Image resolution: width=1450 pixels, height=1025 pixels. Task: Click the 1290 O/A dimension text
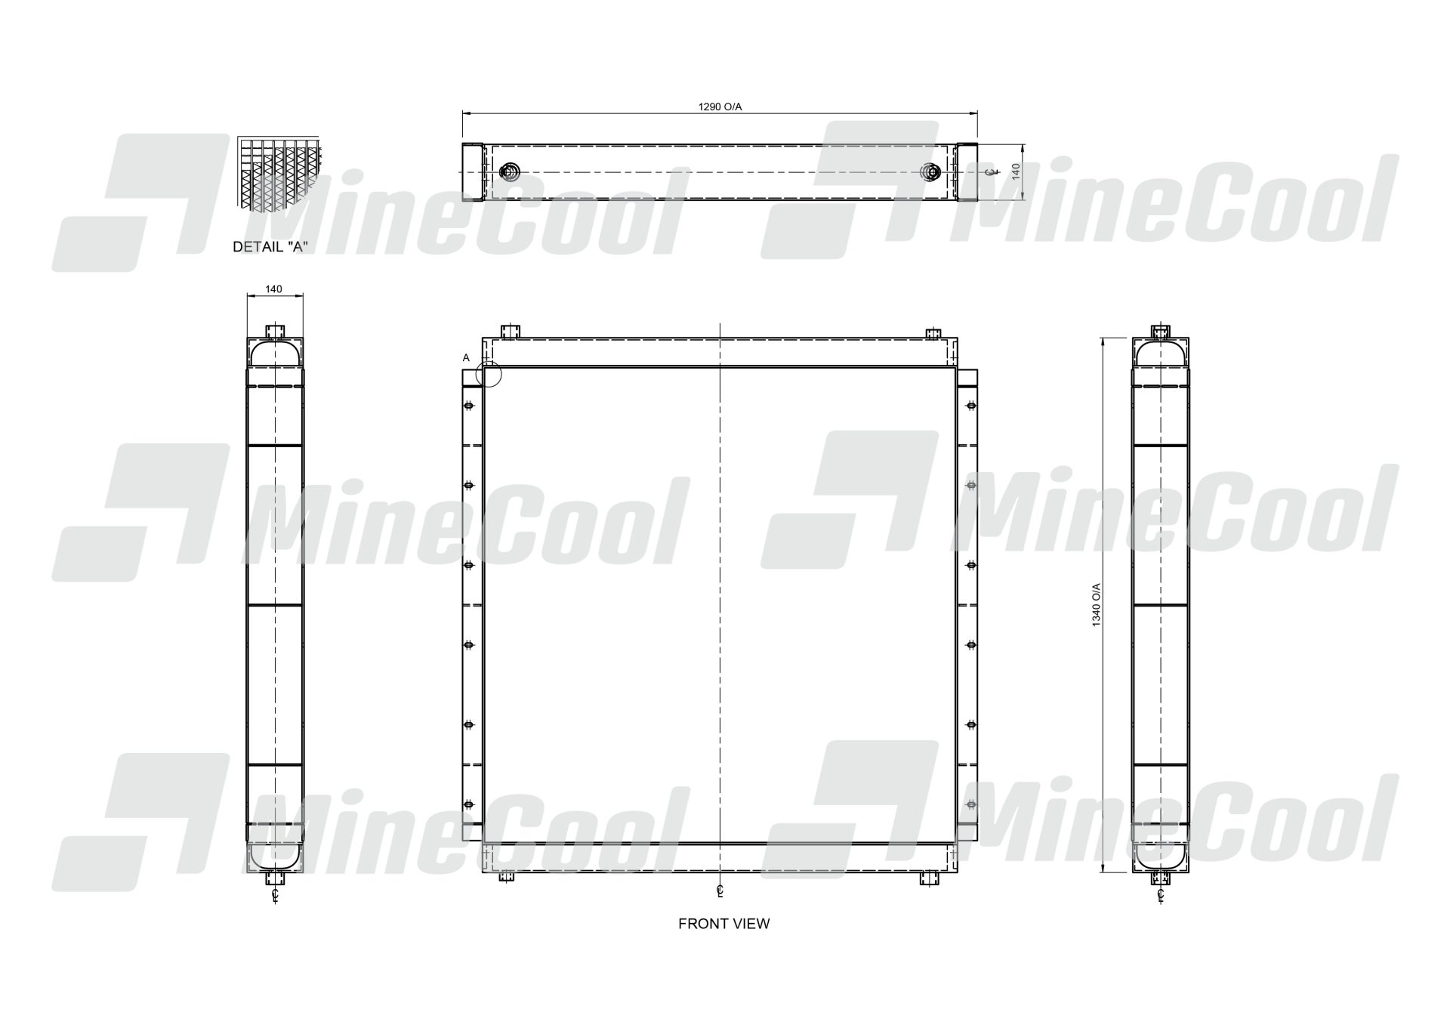720,107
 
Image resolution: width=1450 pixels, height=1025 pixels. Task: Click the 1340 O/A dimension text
1097,604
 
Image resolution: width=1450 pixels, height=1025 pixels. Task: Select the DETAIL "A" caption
270,247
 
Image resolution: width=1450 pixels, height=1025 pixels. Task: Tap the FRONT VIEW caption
723,923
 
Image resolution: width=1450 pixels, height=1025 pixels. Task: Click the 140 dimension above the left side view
274,289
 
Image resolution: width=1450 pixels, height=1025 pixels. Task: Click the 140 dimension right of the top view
1016,171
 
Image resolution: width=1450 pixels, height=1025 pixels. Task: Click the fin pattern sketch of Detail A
278,173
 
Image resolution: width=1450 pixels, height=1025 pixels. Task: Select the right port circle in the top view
931,172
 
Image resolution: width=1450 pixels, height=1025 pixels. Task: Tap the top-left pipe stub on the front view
511,332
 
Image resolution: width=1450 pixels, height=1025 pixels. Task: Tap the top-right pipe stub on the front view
934,333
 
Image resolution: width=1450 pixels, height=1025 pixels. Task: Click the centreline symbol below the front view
721,891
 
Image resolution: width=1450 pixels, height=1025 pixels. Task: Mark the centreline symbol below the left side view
276,897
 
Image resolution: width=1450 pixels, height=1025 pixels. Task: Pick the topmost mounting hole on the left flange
468,406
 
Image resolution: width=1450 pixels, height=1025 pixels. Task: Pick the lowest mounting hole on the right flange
971,804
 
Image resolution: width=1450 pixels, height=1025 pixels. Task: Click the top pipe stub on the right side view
1160,332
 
